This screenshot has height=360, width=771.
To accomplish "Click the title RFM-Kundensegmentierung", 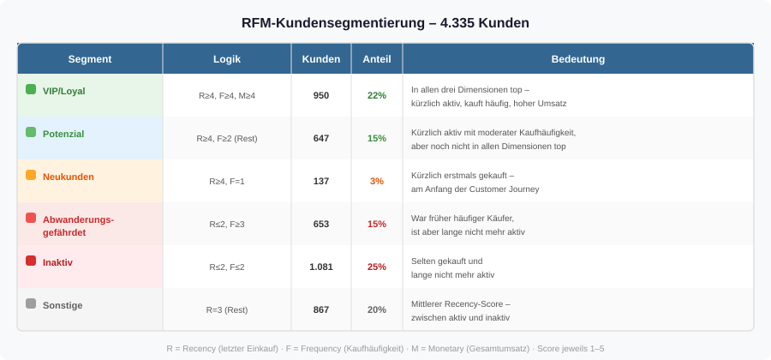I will tap(385, 22).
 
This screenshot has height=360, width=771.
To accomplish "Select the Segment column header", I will tap(90, 59).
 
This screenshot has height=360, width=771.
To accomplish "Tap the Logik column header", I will tap(227, 59).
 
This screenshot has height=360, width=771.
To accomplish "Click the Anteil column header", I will tap(377, 59).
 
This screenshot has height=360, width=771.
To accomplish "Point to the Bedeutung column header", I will tap(578, 59).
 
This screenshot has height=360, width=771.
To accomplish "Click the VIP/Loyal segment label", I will tap(63, 91).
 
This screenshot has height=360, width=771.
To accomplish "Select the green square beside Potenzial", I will tap(31, 132).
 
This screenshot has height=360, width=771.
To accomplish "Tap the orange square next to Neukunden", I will tap(31, 175).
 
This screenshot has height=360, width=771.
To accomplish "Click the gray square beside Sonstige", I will tap(31, 303).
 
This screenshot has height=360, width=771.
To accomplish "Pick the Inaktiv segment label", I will tap(57, 262).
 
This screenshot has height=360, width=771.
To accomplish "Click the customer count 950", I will tap(321, 95).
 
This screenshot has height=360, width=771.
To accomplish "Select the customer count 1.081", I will tap(321, 267).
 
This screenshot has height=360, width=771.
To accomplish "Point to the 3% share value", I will tap(377, 181).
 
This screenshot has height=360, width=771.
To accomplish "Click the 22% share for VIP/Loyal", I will tap(377, 95).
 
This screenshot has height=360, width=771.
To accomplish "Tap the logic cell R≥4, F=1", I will tap(227, 181).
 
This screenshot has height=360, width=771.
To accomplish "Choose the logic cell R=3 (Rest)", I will tap(227, 309).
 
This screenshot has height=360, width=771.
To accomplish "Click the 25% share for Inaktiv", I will tap(377, 267).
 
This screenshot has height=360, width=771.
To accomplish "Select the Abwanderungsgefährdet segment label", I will tap(78, 225).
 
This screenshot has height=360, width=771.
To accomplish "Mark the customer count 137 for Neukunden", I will tap(321, 181).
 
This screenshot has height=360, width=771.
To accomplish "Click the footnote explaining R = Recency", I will tap(385, 348).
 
